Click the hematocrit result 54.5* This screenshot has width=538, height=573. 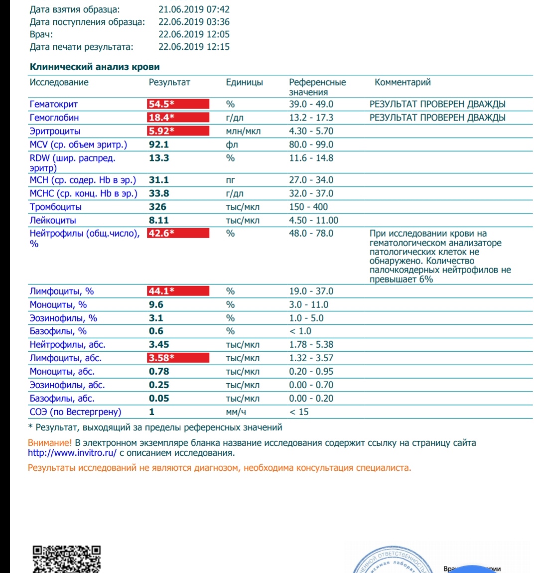pos(161,104)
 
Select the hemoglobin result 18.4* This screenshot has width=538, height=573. pos(161,118)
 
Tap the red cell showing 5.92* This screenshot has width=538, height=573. pos(161,131)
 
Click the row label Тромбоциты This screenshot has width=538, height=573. pos(56,207)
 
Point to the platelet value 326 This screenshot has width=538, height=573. pos(157,207)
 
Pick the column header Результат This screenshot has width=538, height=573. pos(169,82)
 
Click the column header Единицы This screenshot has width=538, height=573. pos(244,82)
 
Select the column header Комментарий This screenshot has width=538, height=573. pos(403,82)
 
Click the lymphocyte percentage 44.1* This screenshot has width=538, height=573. pos(161,291)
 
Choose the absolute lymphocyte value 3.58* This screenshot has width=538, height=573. pos(161,358)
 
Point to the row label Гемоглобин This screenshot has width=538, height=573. pos(54,118)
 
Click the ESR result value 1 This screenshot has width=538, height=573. pos(152,412)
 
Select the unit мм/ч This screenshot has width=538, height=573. pos(236,412)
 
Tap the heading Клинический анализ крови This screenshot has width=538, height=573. pos(95,67)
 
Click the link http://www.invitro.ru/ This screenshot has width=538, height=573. pos(72,453)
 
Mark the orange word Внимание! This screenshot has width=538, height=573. pos(50,442)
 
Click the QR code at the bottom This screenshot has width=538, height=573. pos(67,559)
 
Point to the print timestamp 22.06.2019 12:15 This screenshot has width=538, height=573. pos(194,47)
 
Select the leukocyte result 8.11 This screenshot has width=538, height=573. pos(159,220)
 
